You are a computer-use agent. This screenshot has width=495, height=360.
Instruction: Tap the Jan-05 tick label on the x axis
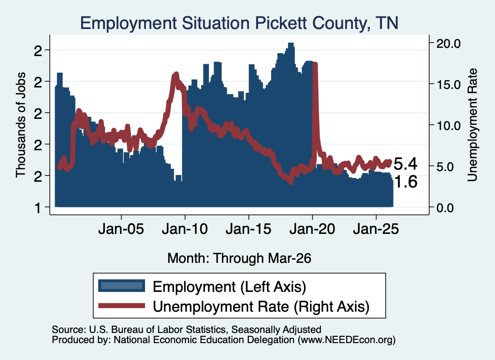point(121,229)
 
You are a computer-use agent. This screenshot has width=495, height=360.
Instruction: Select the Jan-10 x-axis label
point(185,229)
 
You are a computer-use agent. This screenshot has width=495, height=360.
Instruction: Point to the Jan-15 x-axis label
point(249,229)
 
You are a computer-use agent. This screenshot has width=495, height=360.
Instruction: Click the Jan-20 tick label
point(313,229)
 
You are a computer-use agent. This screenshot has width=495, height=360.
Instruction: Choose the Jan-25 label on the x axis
point(376,229)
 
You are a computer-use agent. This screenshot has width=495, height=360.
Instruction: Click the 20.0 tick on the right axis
point(449,43)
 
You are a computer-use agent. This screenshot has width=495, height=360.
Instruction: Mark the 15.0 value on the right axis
point(449,85)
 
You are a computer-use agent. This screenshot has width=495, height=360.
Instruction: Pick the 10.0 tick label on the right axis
point(449,126)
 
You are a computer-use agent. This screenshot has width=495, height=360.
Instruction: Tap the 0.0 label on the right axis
point(445,208)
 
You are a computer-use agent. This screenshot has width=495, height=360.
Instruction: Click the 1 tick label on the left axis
point(38,208)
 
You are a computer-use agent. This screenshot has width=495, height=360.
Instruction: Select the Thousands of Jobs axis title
point(20,125)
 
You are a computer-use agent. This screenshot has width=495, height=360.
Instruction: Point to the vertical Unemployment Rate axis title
point(472,125)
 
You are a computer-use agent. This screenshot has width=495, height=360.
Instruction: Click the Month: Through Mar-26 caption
point(239,258)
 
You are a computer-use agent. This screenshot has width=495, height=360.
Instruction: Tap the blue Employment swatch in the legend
point(121,286)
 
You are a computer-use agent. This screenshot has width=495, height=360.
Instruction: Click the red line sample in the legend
point(121,305)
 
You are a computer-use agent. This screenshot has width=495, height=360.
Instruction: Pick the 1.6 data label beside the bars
point(406,182)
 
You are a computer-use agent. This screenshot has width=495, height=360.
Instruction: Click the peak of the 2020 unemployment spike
point(315,64)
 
